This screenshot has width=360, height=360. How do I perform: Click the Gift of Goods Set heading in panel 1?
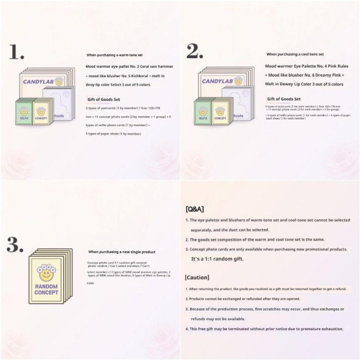click(103, 99)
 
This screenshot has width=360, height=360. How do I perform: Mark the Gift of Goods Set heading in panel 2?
click(283, 99)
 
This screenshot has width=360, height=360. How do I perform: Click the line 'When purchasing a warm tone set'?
click(114, 55)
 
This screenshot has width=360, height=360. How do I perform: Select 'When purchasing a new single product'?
click(121, 252)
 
